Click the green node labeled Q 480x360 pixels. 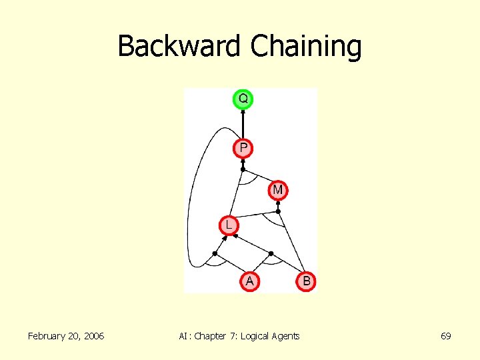coord(243,99)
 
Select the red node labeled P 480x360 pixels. coord(243,147)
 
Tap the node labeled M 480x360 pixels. coord(278,190)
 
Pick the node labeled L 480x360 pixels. coord(229,225)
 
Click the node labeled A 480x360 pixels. coord(249,281)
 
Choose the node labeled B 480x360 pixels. coord(306,281)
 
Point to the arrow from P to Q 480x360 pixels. coord(243,123)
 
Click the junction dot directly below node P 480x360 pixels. coord(243,170)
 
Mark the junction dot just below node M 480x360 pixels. coord(279,211)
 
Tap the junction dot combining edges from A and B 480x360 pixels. coord(271,253)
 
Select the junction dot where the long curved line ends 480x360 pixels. coord(214,253)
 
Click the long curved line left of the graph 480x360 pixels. coord(191,200)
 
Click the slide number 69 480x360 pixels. coord(445,336)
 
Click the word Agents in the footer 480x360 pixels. coord(286,336)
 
